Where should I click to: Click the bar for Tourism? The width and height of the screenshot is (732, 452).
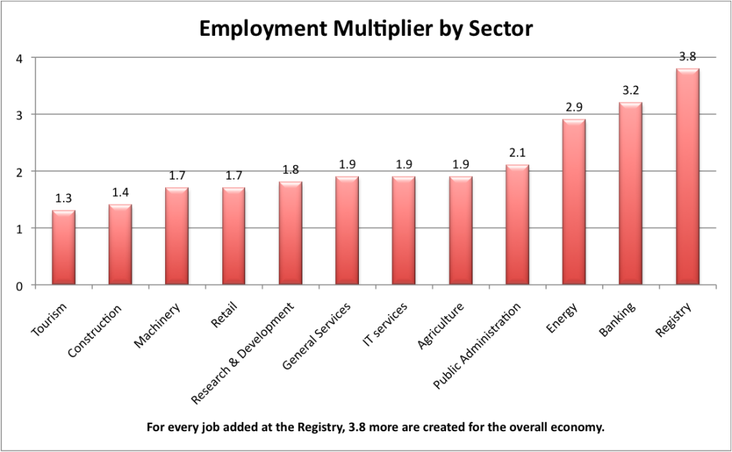tap(63, 247)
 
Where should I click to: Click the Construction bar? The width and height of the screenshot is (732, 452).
tap(120, 245)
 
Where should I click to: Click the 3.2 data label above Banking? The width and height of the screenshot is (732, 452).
tap(630, 91)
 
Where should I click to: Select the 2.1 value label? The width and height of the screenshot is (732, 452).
tap(518, 154)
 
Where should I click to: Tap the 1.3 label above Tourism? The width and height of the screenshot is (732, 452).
tap(63, 199)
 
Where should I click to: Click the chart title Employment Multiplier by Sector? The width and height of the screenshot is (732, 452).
tap(365, 29)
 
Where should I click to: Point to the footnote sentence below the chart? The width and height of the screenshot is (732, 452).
tap(365, 428)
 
